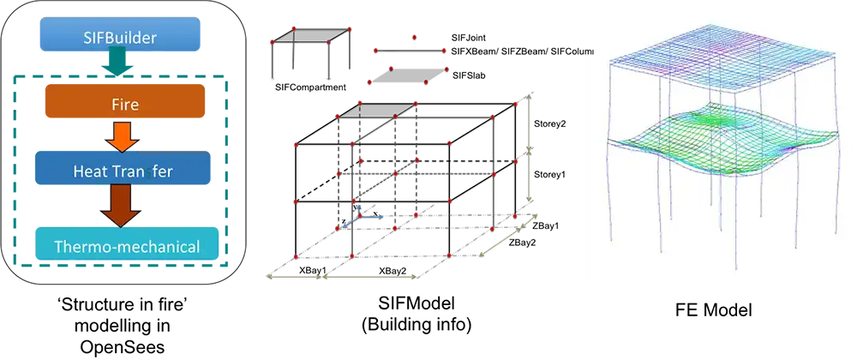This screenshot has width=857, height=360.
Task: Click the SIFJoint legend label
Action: pos(470,39)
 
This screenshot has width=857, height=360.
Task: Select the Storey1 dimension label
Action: pos(548,175)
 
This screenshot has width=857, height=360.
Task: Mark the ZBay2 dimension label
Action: pos(523,243)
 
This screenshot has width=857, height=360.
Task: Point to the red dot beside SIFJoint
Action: pos(414,37)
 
